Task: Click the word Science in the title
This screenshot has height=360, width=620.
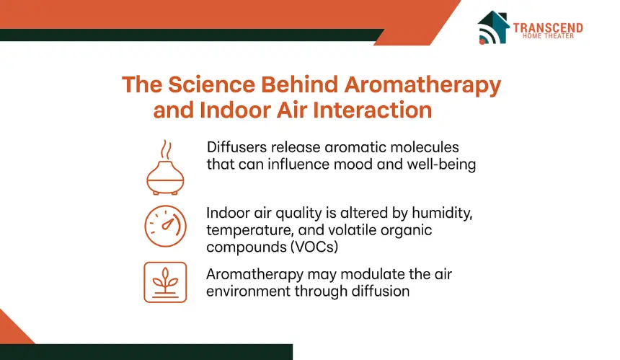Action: click(211, 84)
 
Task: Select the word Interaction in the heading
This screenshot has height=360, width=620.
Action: click(372, 110)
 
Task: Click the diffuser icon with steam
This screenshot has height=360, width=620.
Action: click(165, 167)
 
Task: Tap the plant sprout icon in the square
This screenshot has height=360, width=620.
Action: click(165, 282)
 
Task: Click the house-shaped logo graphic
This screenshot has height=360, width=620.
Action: click(492, 27)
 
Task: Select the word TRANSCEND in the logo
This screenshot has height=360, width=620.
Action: click(548, 27)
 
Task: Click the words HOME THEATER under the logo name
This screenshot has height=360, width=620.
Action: click(548, 36)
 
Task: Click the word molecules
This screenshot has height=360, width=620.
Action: click(425, 147)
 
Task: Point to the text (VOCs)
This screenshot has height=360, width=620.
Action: click(314, 247)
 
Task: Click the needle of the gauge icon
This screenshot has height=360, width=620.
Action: click(168, 224)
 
